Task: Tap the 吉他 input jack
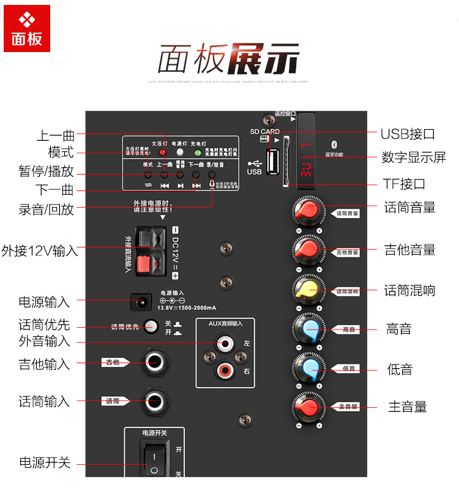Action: pyautogui.click(x=153, y=363)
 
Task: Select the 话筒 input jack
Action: pyautogui.click(x=153, y=401)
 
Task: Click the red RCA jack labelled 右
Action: pyautogui.click(x=223, y=371)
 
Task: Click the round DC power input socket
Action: pyautogui.click(x=142, y=301)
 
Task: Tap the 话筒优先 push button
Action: pyautogui.click(x=149, y=326)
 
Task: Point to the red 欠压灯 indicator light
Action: pyautogui.click(x=163, y=152)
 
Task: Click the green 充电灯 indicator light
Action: pyautogui.click(x=197, y=152)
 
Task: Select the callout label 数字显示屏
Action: pyautogui.click(x=414, y=157)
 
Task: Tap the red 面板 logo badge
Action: pyautogui.click(x=27, y=29)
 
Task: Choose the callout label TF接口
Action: pyautogui.click(x=404, y=184)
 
